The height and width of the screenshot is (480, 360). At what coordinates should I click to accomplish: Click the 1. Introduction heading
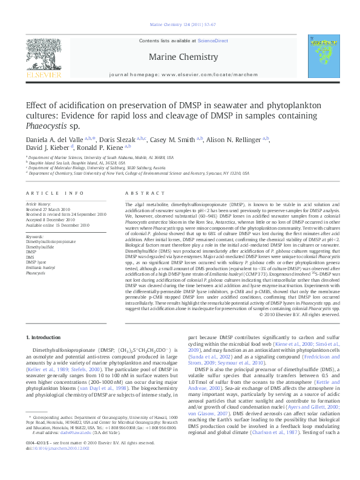point(45,336)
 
